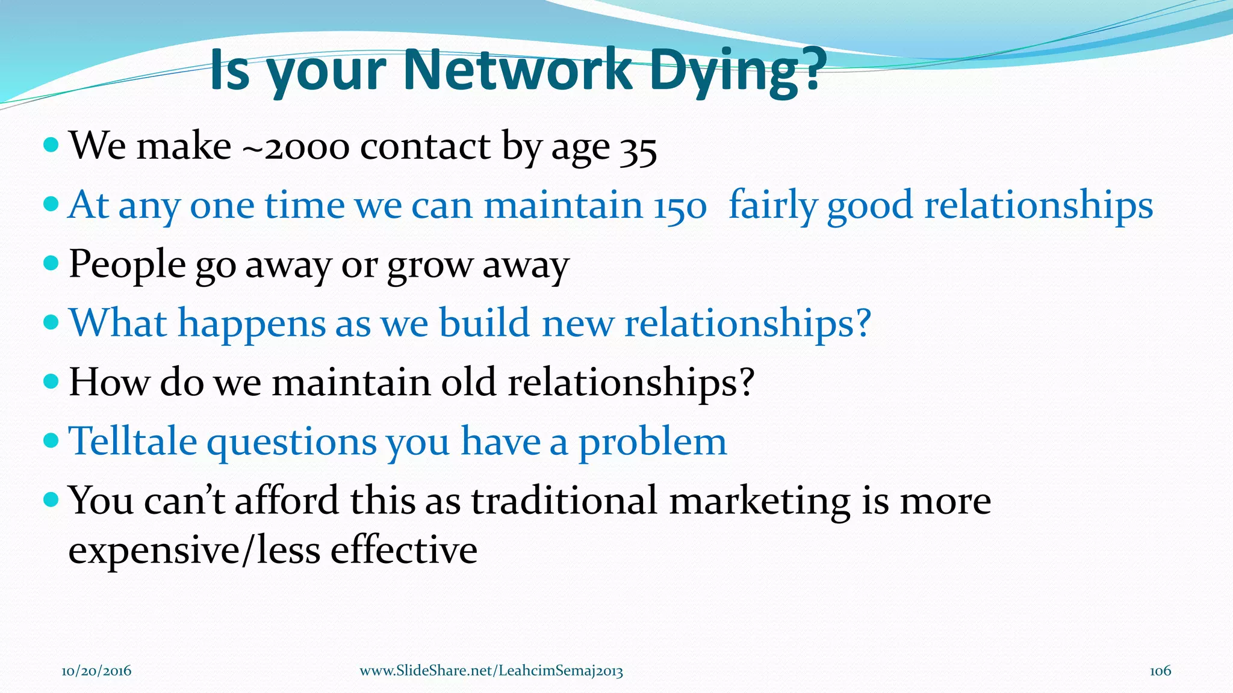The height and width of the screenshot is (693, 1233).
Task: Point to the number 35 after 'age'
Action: pos(639,149)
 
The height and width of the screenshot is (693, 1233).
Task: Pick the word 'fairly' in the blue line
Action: pos(772,206)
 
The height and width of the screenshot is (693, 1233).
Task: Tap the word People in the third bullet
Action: pos(127,265)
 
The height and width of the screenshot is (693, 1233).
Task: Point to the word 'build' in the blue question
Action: pos(485,323)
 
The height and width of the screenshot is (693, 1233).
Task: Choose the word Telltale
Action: pos(132,441)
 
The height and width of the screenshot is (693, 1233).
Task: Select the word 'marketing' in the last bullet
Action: pos(760,502)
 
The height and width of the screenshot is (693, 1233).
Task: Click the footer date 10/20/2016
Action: pos(96,671)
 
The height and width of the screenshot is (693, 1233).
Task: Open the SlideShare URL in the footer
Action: pos(491,671)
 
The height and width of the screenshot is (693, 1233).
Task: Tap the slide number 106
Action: pos(1160,671)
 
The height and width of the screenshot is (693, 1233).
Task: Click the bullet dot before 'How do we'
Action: pos(52,381)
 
